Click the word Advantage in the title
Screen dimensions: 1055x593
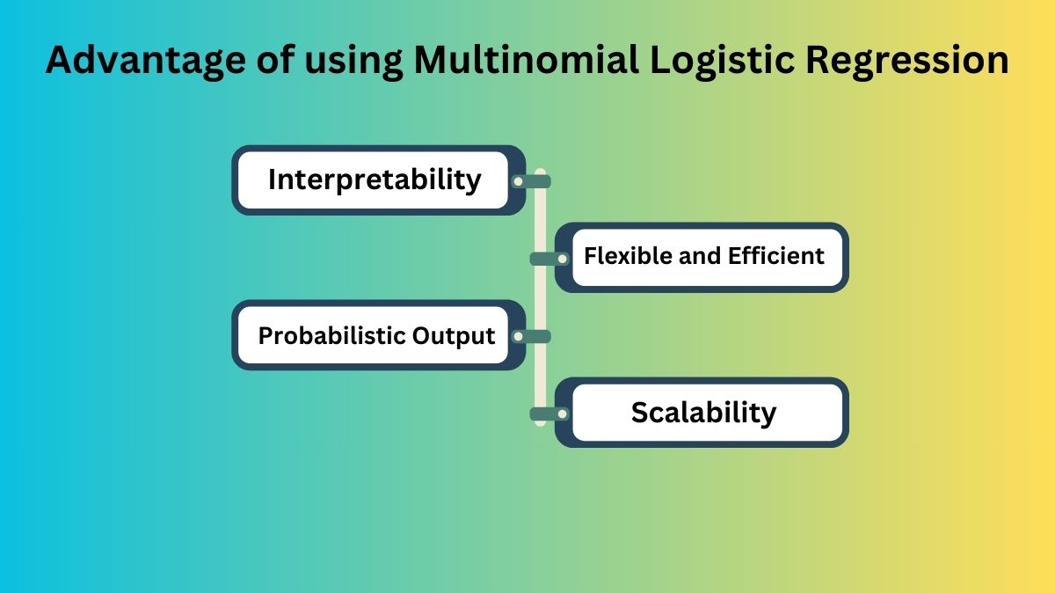[x=146, y=62]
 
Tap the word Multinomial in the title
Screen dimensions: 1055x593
[x=526, y=60]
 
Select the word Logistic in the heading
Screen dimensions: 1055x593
[x=723, y=62]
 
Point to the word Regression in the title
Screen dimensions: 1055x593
[x=907, y=62]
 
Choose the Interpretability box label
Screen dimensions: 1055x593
[x=375, y=180]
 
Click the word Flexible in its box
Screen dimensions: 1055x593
[x=629, y=256]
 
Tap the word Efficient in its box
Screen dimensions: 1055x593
[x=776, y=256]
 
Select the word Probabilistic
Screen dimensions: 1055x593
[x=331, y=335]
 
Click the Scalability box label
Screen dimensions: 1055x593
[x=703, y=413]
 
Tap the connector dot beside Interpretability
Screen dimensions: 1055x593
[x=518, y=181]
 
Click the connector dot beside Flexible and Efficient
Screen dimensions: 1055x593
[x=562, y=259]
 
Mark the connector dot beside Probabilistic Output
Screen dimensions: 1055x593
[x=518, y=337]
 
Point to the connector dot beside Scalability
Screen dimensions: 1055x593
[x=562, y=414]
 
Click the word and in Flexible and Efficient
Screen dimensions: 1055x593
[x=701, y=256]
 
